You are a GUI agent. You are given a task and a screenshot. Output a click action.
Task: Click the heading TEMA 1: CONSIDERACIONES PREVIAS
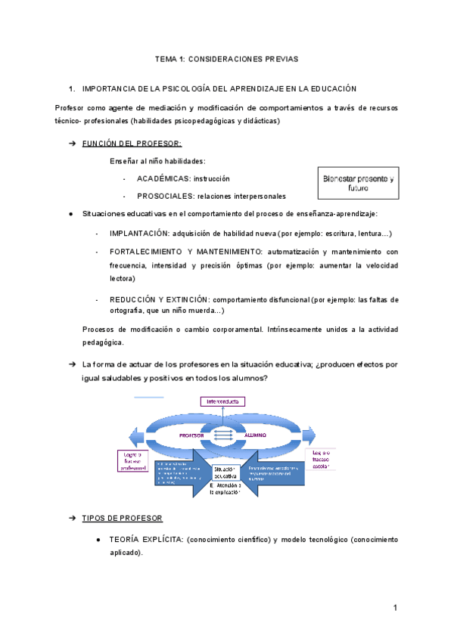[227, 58]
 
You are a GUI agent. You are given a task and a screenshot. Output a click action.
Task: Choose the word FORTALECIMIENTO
[148, 252]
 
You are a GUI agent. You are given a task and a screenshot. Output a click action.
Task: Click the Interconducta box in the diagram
[223, 401]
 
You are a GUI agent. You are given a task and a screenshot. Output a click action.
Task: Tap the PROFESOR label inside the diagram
[191, 435]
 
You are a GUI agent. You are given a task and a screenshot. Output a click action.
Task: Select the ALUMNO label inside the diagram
[255, 435]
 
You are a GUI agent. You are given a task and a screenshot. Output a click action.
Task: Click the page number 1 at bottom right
[395, 608]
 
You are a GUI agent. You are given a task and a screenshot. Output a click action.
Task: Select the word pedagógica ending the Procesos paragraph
[102, 342]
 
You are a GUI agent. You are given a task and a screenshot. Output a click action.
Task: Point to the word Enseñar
[124, 161]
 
